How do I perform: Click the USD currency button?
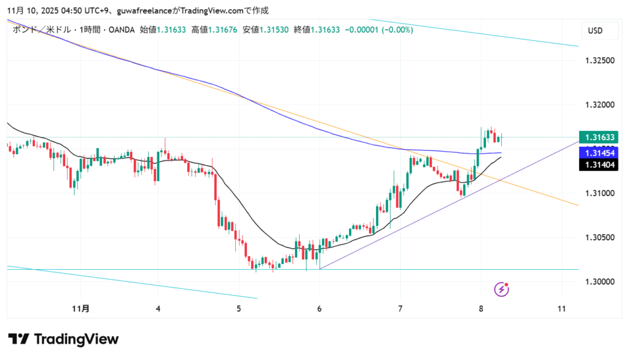pyautogui.click(x=595, y=31)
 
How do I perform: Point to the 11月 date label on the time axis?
pyautogui.click(x=81, y=309)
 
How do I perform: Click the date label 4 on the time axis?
pyautogui.click(x=158, y=309)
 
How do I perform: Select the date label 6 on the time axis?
pyautogui.click(x=319, y=309)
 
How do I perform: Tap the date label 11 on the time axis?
pyautogui.click(x=562, y=309)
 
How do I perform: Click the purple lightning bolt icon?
pyautogui.click(x=502, y=289)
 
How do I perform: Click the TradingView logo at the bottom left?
pyautogui.click(x=63, y=339)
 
